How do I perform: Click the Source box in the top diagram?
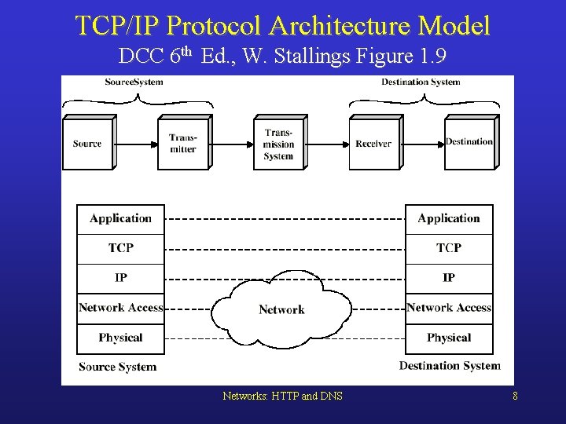click(87, 144)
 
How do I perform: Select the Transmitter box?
click(183, 144)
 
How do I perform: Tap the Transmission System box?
click(278, 144)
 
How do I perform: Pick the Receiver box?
click(373, 144)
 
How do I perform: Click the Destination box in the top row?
click(469, 142)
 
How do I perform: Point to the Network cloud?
click(281, 309)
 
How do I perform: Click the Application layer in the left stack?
click(120, 219)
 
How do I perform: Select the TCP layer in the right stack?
click(449, 248)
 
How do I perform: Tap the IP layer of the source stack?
click(120, 278)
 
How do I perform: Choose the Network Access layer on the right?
click(449, 308)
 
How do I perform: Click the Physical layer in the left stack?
click(120, 338)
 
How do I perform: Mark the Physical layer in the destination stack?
click(449, 338)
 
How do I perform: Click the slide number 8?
click(515, 397)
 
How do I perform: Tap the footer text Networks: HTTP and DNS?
click(282, 397)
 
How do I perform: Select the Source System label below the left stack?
click(118, 367)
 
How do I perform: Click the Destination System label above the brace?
click(421, 82)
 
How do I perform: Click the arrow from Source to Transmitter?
click(136, 144)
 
